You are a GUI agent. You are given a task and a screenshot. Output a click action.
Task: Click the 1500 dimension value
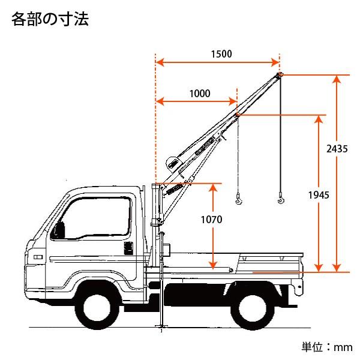(221, 53)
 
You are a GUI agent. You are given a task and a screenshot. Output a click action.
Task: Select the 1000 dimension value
(199, 93)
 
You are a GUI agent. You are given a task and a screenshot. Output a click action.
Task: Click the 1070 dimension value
(211, 220)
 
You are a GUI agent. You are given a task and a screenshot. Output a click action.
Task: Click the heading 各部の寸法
(50, 20)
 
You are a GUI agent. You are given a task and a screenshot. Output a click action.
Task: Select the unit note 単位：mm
(326, 347)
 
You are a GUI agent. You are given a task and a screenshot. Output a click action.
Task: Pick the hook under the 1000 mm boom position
(239, 199)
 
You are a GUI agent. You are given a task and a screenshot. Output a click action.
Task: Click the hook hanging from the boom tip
(280, 199)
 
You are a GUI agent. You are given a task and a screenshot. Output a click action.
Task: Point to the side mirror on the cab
(59, 230)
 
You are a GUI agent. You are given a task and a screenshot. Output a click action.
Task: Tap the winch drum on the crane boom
(172, 163)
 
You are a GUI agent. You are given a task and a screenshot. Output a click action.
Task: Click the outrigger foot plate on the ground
(160, 327)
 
